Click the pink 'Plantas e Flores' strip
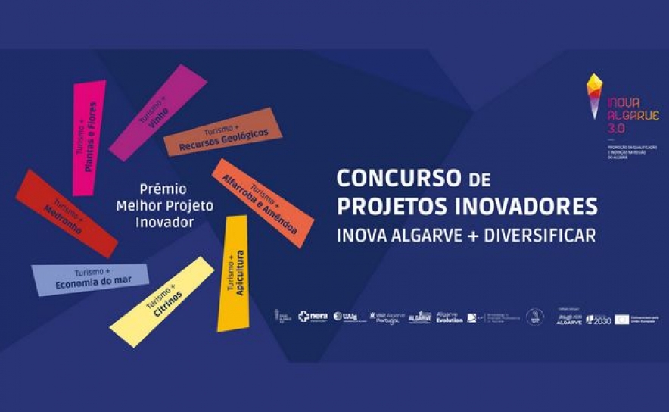[x=88, y=137]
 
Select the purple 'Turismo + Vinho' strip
[x=157, y=112]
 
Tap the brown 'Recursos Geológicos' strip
[x=222, y=132]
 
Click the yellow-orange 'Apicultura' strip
[x=234, y=273]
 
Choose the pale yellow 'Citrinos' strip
[x=163, y=301]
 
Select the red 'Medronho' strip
[x=67, y=214]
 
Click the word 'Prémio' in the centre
[x=163, y=188]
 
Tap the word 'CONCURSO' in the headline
[x=398, y=179]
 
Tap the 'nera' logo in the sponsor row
[x=313, y=317]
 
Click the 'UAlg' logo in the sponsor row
[x=345, y=317]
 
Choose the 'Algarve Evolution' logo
[x=450, y=317]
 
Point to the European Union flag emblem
[x=622, y=320]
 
